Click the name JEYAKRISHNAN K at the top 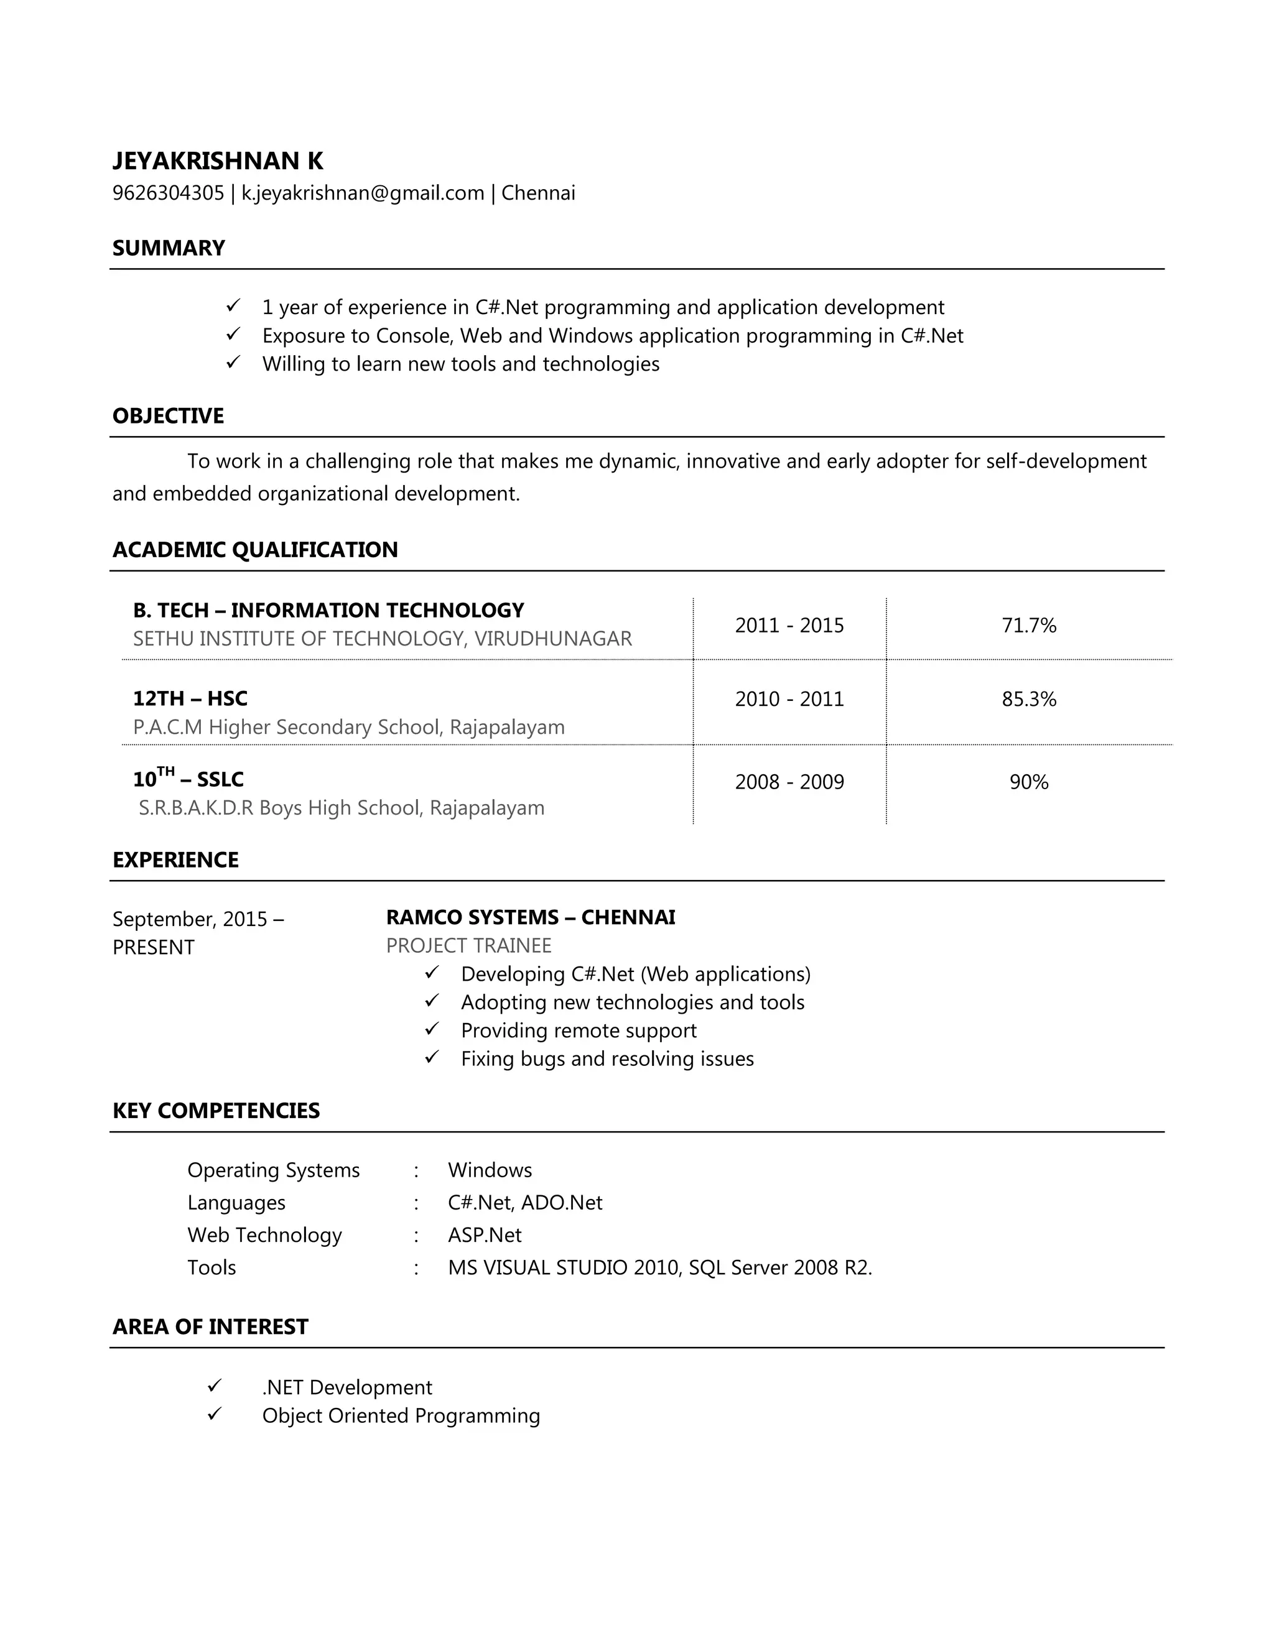(x=217, y=160)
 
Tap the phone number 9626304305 (x=169, y=193)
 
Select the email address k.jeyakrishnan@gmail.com (x=362, y=193)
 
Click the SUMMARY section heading (x=169, y=248)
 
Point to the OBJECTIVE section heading (x=167, y=416)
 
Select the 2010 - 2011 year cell (x=789, y=699)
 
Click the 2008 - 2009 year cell (x=789, y=782)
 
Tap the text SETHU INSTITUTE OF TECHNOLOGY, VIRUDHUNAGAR (x=382, y=639)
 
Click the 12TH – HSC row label (x=190, y=699)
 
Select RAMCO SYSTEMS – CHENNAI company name (x=530, y=917)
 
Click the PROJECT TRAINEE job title (x=468, y=945)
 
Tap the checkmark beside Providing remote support (x=432, y=1029)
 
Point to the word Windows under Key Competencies (x=489, y=1170)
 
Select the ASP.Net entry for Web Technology (x=484, y=1235)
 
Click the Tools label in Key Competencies (x=212, y=1267)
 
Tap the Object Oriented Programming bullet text (x=401, y=1415)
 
